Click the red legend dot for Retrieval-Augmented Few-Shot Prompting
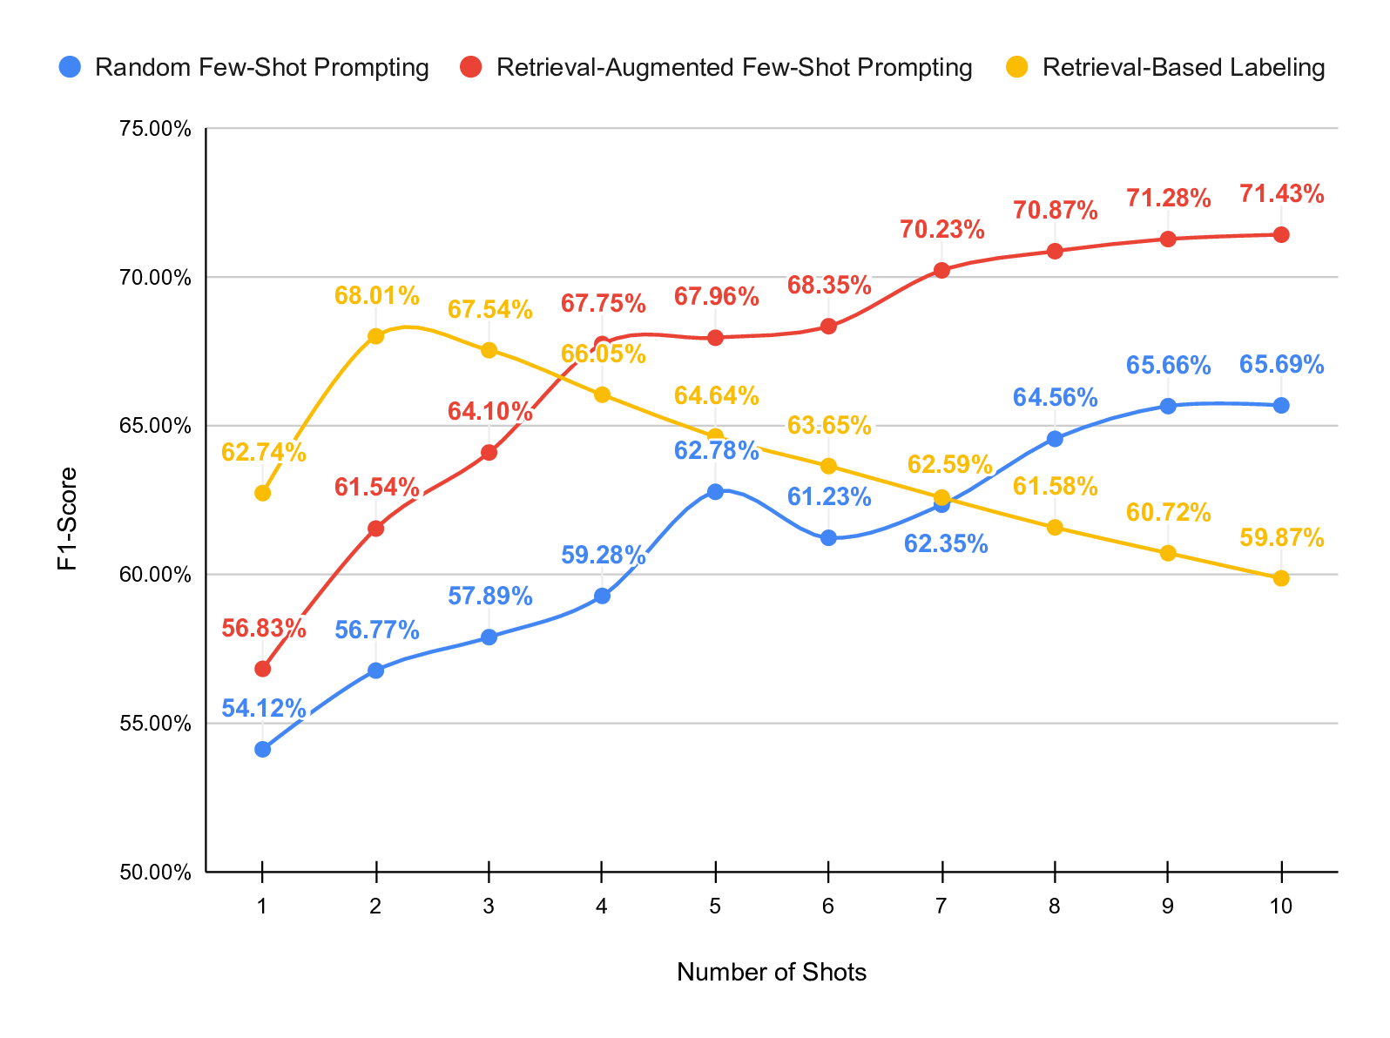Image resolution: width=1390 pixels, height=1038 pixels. click(x=471, y=67)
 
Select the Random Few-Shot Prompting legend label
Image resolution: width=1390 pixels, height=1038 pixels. click(x=261, y=67)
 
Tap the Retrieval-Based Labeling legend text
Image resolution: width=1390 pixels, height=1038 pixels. click(x=1183, y=67)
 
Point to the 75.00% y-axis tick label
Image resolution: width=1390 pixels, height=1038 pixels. click(x=153, y=129)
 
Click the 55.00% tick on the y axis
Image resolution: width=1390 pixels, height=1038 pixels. click(x=153, y=723)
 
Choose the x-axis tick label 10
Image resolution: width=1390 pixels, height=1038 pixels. click(x=1280, y=907)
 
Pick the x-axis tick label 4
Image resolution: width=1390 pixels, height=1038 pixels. click(x=602, y=907)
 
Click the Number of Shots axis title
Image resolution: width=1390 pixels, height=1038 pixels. click(x=771, y=972)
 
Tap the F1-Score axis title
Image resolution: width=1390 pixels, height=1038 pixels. click(x=67, y=519)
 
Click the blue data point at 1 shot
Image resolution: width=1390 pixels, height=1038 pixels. click(x=263, y=749)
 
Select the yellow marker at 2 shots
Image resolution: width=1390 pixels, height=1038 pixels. click(x=375, y=336)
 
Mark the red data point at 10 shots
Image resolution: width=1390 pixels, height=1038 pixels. click(x=1281, y=234)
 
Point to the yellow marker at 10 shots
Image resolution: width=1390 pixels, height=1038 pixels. click(x=1281, y=578)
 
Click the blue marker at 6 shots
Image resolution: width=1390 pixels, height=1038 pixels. click(x=828, y=537)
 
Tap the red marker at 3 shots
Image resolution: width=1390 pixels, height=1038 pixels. click(x=489, y=452)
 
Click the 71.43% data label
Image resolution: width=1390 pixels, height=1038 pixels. click(x=1281, y=194)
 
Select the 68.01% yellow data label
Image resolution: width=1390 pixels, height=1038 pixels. click(x=376, y=296)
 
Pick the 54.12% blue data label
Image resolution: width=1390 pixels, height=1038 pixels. click(x=263, y=709)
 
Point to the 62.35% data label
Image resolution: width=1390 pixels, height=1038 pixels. click(x=945, y=545)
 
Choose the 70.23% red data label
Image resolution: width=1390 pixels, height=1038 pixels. click(x=941, y=230)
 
